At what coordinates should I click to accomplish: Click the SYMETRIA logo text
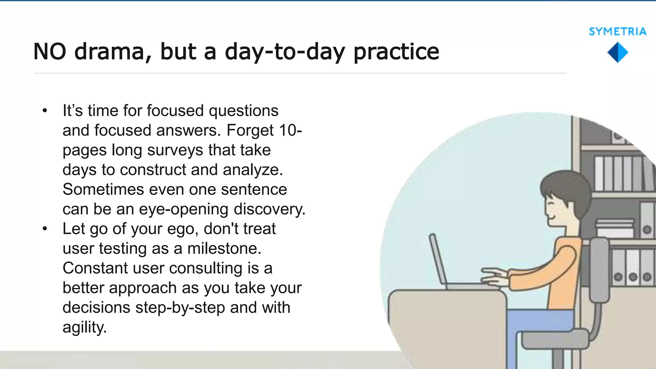click(617, 32)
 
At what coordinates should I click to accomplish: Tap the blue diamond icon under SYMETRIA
click(618, 53)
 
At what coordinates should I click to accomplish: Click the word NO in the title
click(50, 52)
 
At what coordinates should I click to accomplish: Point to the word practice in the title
click(396, 52)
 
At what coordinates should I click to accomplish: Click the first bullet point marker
click(45, 111)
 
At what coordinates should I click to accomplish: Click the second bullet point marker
click(45, 229)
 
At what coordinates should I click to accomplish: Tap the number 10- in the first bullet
click(290, 130)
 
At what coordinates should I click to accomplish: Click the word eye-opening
click(184, 209)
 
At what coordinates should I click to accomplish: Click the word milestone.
click(224, 249)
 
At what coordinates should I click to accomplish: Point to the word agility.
click(84, 327)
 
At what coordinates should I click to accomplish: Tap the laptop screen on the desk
click(438, 259)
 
